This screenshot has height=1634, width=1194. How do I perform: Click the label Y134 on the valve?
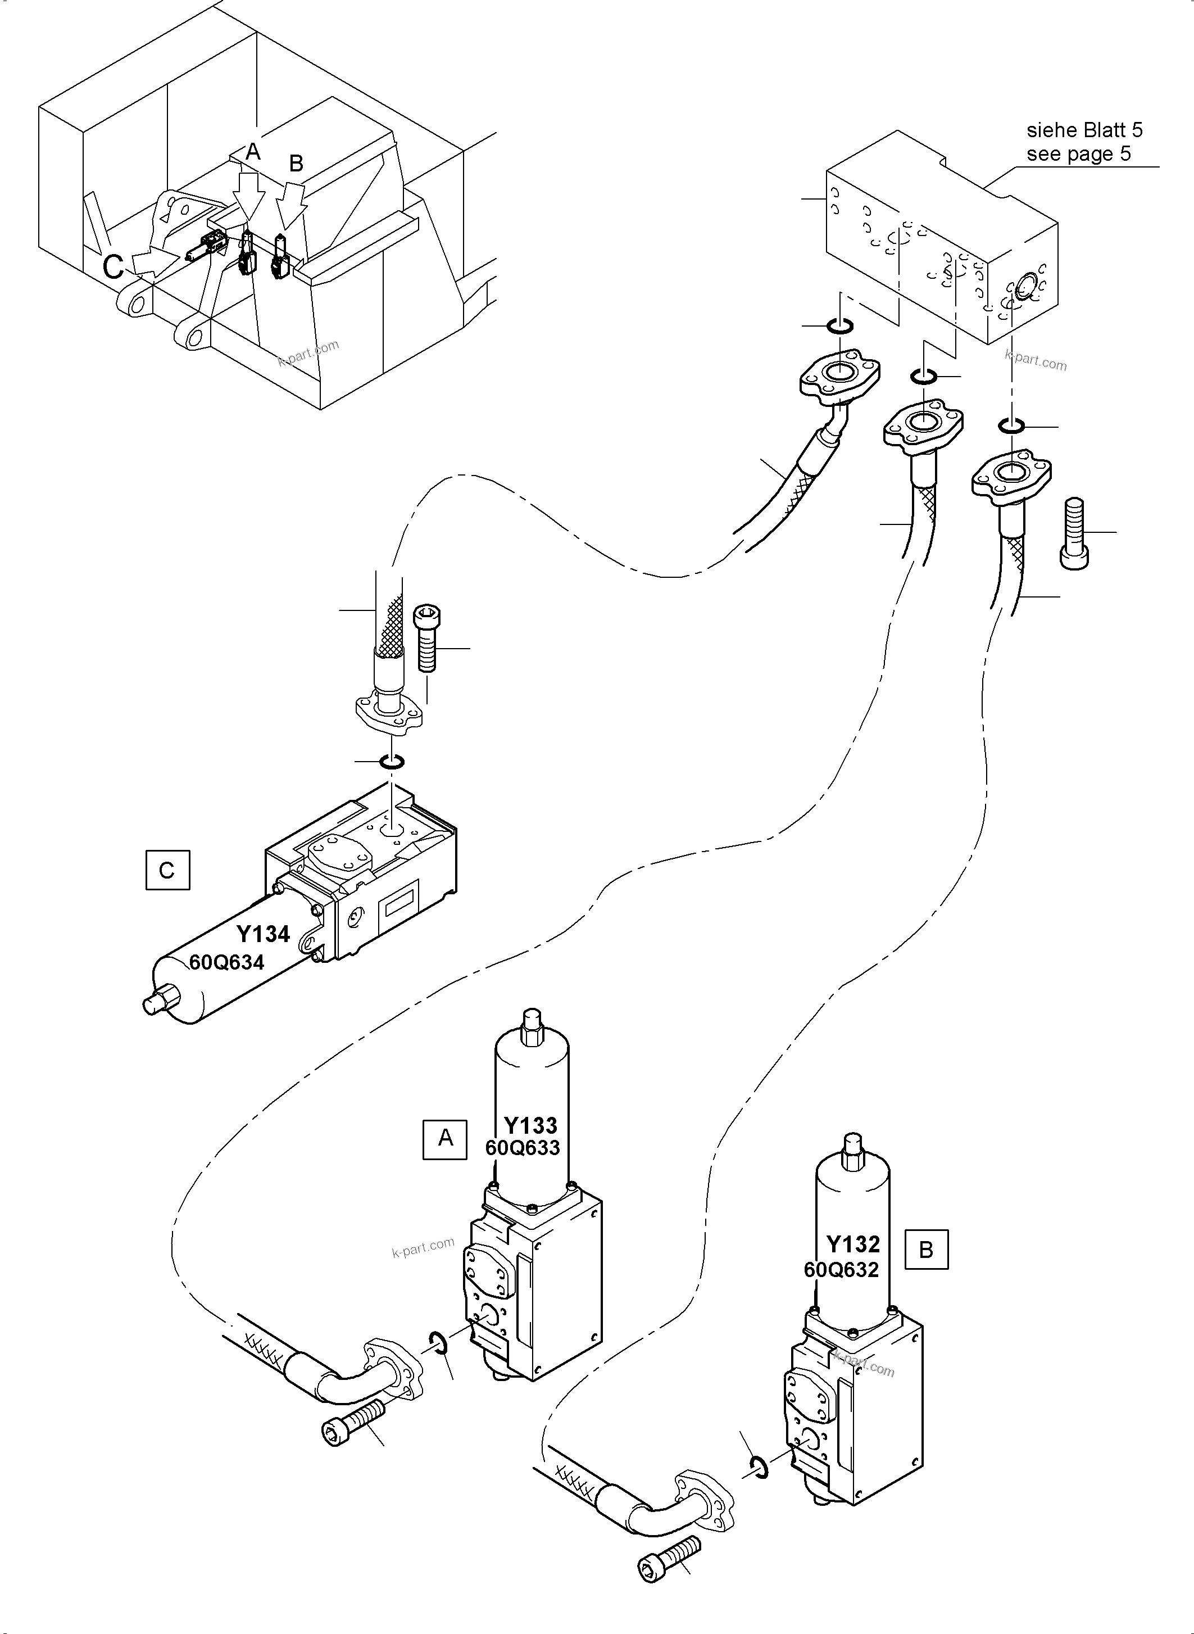pyautogui.click(x=263, y=934)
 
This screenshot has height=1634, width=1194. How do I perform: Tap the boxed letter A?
pyautogui.click(x=445, y=1139)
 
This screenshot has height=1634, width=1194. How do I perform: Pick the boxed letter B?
pyautogui.click(x=926, y=1250)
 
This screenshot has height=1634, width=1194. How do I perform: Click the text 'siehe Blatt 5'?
pyautogui.click(x=1084, y=130)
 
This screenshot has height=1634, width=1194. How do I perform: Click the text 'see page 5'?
pyautogui.click(x=1078, y=154)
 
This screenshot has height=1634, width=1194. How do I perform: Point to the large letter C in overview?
pyautogui.click(x=114, y=267)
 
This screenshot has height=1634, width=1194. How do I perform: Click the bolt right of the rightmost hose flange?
pyautogui.click(x=1075, y=533)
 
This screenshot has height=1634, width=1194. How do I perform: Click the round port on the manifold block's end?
pyautogui.click(x=1025, y=290)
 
